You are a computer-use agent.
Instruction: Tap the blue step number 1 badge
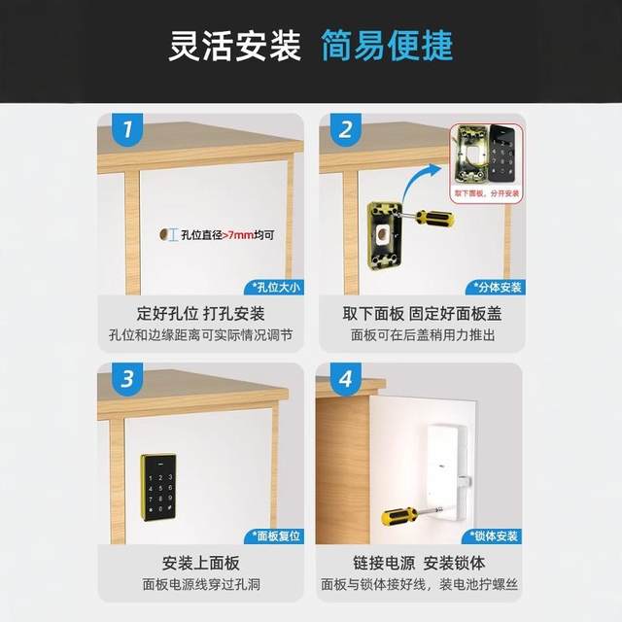(122, 128)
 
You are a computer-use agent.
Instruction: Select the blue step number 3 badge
(122, 378)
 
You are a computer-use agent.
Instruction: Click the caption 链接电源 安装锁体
(419, 564)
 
